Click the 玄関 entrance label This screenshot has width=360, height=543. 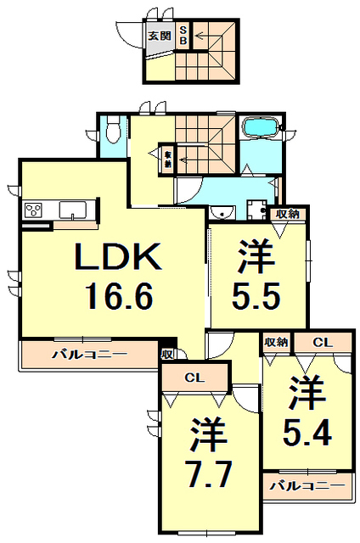(x=159, y=36)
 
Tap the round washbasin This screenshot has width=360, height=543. (x=223, y=212)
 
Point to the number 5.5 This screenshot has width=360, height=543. (x=258, y=297)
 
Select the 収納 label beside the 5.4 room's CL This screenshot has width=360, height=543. (x=275, y=342)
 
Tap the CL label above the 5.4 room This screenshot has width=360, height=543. (x=321, y=342)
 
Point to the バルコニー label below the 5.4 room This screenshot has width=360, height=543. (x=307, y=486)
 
